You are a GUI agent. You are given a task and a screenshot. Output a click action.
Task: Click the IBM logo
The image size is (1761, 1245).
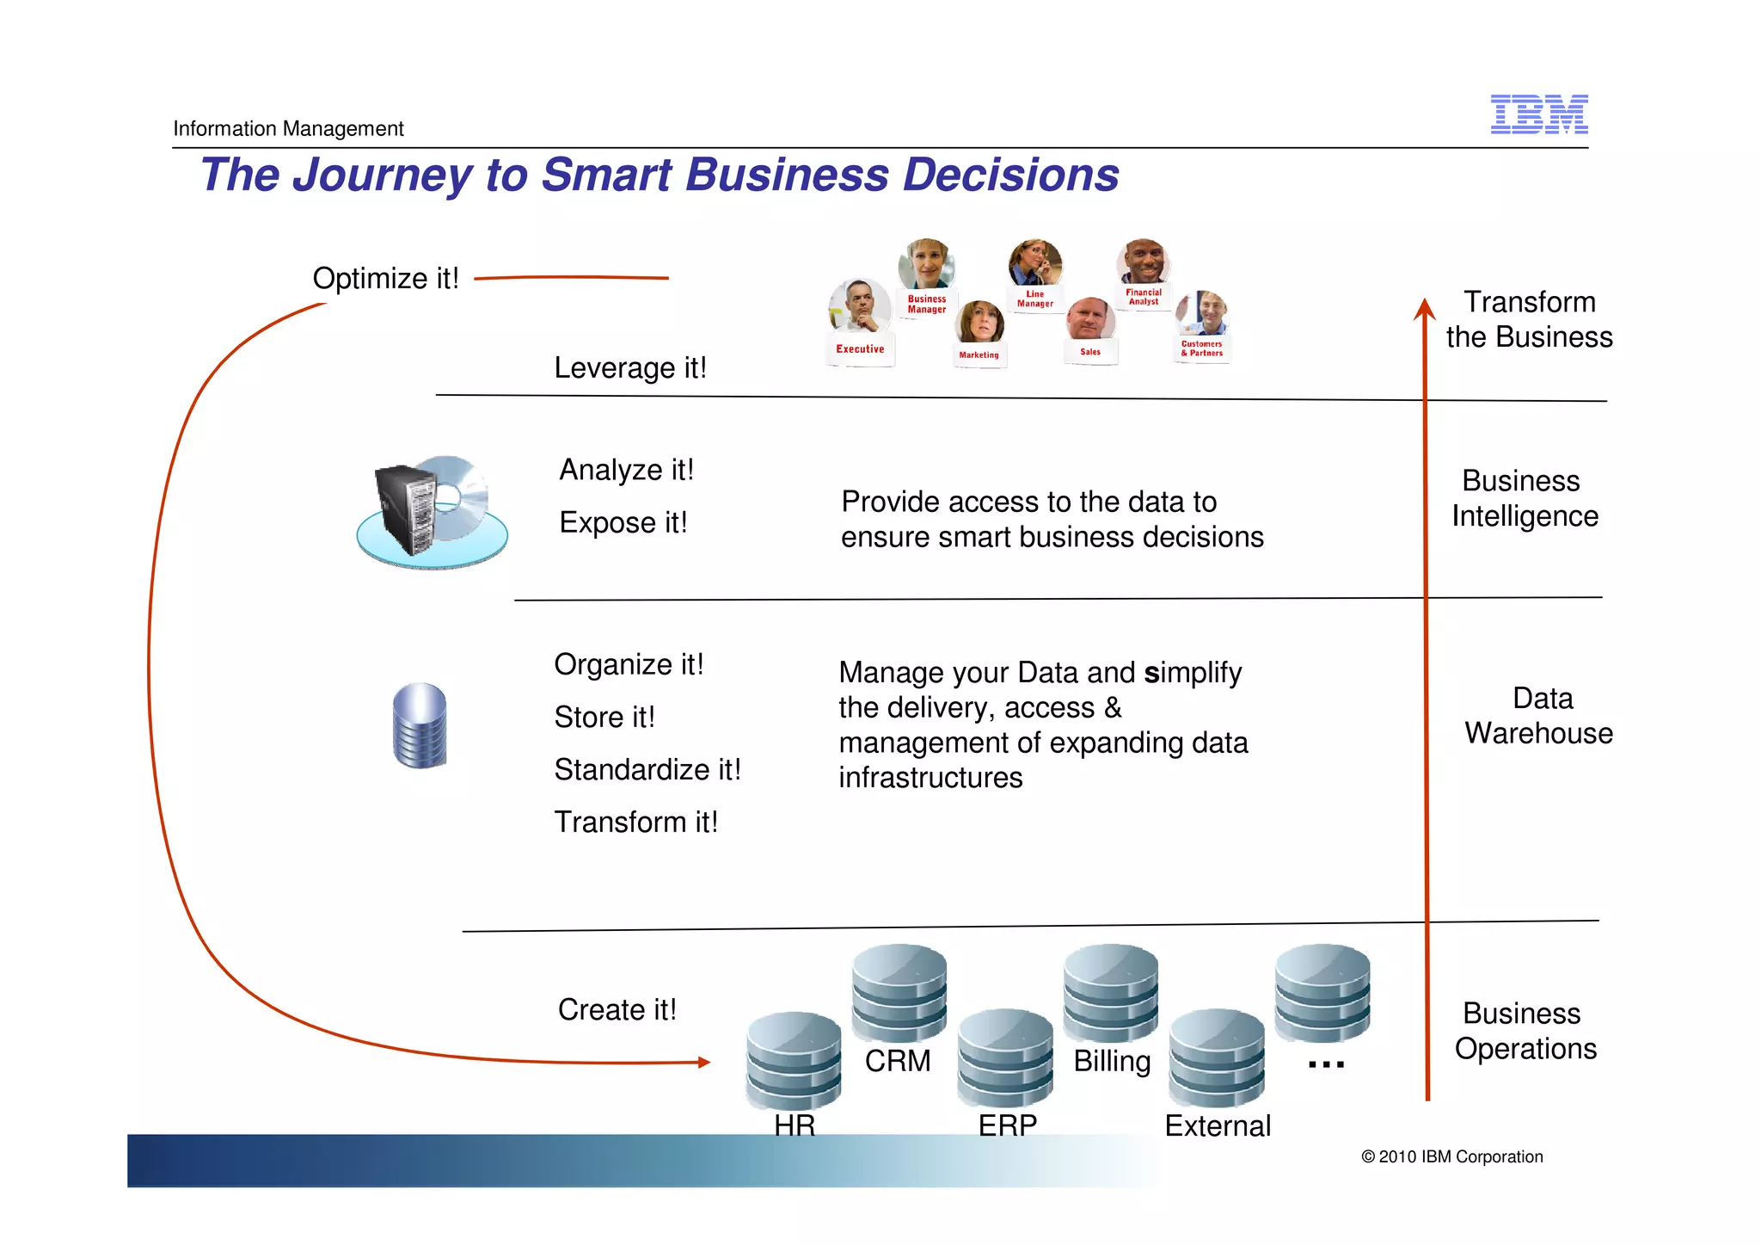tap(1538, 114)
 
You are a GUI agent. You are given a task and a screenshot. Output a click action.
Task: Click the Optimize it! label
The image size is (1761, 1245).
tap(385, 278)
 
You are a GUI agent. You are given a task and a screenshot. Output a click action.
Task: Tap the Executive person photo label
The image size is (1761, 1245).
tap(860, 348)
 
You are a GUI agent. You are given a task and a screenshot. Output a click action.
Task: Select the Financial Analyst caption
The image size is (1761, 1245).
tap(1144, 297)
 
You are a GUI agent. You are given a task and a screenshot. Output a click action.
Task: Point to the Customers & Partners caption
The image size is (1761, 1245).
tap(1201, 348)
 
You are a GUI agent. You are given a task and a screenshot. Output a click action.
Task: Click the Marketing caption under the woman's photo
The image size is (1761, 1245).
tap(979, 354)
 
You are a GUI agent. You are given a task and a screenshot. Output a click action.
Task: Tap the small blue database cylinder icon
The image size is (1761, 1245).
tap(420, 725)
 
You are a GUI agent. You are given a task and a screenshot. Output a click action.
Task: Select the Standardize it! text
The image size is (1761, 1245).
tap(647, 769)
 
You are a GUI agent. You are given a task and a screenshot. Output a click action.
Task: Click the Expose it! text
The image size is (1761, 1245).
tap(623, 522)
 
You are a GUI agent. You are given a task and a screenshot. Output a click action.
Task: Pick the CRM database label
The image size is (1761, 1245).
tap(897, 1061)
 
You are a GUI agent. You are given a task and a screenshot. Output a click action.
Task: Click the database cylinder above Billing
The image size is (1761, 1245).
tap(1110, 993)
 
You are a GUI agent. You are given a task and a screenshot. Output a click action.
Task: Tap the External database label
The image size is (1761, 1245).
tap(1217, 1125)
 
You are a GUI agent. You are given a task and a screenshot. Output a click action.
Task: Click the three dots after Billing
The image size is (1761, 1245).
tap(1325, 1065)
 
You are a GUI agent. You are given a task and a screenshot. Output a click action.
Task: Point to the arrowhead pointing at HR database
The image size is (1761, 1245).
tap(704, 1063)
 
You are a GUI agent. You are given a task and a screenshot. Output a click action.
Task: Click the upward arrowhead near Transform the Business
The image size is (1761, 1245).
tap(1424, 308)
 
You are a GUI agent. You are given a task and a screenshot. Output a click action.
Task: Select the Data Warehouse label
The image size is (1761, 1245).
tap(1538, 715)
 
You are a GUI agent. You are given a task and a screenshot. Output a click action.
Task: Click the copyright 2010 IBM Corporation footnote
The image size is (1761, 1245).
tap(1451, 1156)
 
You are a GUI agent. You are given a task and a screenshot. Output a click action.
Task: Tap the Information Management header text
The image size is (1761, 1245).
tap(288, 128)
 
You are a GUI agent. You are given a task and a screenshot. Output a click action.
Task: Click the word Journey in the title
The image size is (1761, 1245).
tap(382, 175)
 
